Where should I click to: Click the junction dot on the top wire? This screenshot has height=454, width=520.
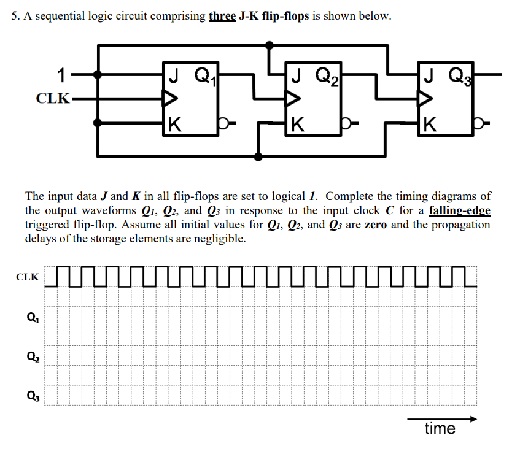(x=269, y=45)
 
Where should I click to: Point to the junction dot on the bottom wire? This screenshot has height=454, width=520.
(x=258, y=157)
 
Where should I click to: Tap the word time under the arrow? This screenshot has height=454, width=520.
(x=440, y=428)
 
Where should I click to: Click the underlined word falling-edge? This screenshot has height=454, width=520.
(x=460, y=211)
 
